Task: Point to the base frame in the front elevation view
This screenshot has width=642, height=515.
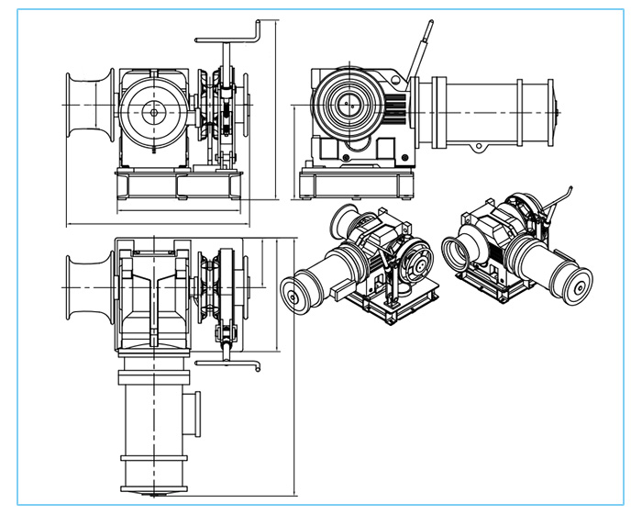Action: [x=179, y=187]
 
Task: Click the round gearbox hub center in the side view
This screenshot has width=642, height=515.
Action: [x=349, y=106]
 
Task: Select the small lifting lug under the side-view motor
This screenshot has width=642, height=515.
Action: [x=480, y=147]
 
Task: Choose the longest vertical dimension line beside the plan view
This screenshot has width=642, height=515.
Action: [x=294, y=367]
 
